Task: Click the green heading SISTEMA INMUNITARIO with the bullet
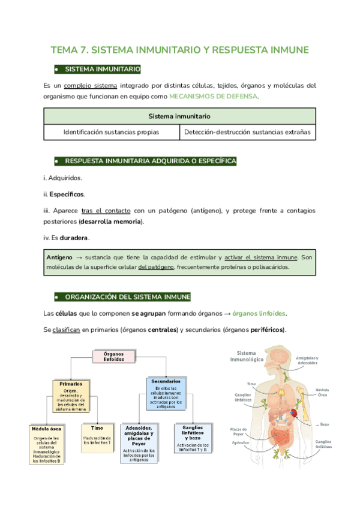click(102, 69)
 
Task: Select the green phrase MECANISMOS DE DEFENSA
click(214, 96)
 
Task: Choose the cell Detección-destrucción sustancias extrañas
click(248, 132)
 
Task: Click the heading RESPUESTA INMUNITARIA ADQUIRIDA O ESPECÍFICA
click(150, 161)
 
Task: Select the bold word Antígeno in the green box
click(59, 256)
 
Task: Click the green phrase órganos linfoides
click(259, 313)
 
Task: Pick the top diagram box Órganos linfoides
click(113, 357)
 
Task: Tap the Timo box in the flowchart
click(97, 438)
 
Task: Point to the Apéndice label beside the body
click(240, 443)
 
